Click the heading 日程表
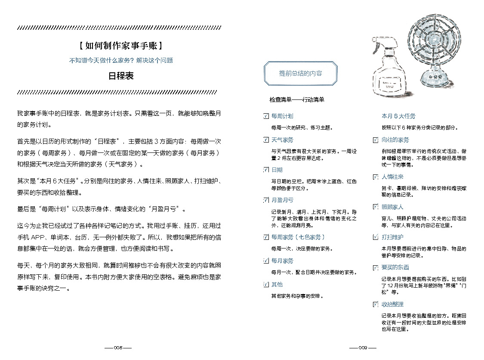click(x=121, y=76)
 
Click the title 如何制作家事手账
click(x=121, y=46)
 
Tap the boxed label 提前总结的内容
click(x=300, y=73)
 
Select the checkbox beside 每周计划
click(x=266, y=116)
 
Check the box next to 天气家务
click(x=266, y=140)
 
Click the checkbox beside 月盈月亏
click(x=266, y=200)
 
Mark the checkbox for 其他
click(x=266, y=284)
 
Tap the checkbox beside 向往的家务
click(x=376, y=140)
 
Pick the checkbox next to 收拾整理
click(x=376, y=304)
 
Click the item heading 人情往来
click(x=392, y=177)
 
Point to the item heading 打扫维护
click(x=392, y=237)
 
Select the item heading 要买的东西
click(x=395, y=267)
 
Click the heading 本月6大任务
click(x=398, y=116)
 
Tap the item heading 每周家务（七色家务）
click(x=298, y=237)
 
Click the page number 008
click(x=118, y=348)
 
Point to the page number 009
click(x=363, y=348)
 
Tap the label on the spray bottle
click(x=390, y=84)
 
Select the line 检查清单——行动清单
click(x=297, y=100)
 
